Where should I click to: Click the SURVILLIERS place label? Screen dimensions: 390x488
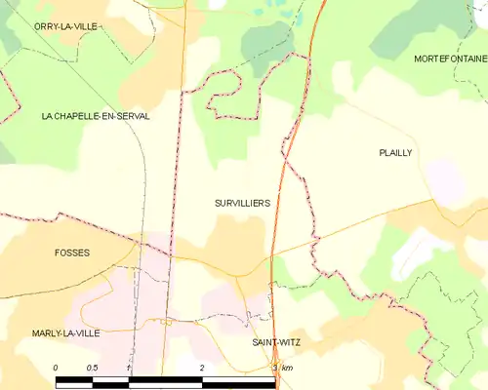(x=242, y=203)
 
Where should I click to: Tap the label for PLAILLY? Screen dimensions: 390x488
(x=395, y=153)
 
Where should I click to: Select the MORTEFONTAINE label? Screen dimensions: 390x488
(x=449, y=59)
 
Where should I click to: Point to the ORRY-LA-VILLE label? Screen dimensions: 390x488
(x=66, y=26)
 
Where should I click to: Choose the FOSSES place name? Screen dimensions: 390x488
(x=71, y=253)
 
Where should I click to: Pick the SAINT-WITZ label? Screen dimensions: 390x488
(x=275, y=343)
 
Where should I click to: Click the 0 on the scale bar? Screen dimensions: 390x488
(x=56, y=367)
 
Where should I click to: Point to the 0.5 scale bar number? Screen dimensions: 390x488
(x=91, y=367)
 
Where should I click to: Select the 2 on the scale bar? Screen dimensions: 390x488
(x=202, y=367)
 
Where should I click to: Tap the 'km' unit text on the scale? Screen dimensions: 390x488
(x=286, y=367)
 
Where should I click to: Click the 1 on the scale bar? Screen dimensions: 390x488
(x=129, y=367)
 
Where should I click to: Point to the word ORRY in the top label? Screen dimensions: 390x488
(x=47, y=26)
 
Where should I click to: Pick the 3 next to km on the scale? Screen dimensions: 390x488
(x=275, y=367)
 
